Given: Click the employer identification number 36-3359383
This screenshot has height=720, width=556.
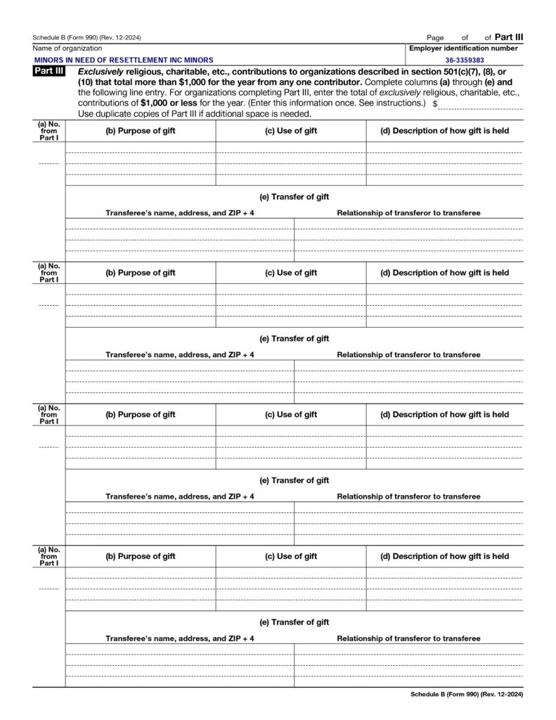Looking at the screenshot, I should (465, 60).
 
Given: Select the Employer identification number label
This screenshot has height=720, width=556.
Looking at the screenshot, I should (464, 49).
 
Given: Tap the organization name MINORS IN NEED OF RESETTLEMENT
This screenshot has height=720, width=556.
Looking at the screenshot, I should (123, 60).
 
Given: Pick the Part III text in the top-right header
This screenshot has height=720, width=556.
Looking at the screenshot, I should (509, 37).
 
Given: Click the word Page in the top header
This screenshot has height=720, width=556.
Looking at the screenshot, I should (435, 37).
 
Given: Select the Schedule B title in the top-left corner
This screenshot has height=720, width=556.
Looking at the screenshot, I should (91, 37).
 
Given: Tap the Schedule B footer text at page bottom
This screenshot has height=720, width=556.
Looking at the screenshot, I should (467, 694).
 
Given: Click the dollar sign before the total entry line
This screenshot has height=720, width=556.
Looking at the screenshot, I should (436, 103).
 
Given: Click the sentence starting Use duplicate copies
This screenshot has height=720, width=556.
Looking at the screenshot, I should (194, 113).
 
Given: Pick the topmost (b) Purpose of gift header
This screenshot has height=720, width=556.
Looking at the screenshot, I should (141, 131).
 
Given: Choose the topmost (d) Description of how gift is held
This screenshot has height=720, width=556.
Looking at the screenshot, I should (444, 131).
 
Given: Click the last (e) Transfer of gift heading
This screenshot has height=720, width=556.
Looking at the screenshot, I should (294, 622).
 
